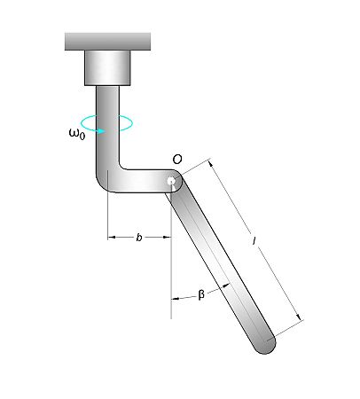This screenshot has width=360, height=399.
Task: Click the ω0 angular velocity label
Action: pyautogui.click(x=77, y=134)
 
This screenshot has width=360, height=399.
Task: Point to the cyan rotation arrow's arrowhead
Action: pyautogui.click(x=104, y=130)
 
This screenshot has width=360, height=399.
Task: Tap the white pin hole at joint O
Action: pyautogui.click(x=170, y=181)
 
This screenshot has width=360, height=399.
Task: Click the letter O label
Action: pyautogui.click(x=177, y=159)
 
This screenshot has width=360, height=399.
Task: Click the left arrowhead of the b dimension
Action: pyautogui.click(x=110, y=238)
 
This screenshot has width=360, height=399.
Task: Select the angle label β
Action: pyautogui.click(x=201, y=295)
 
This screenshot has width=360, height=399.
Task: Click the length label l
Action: pyautogui.click(x=254, y=239)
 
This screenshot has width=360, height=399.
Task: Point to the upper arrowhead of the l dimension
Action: pyautogui.click(x=211, y=163)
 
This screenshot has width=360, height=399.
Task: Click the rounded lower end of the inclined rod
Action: pyautogui.click(x=264, y=343)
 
